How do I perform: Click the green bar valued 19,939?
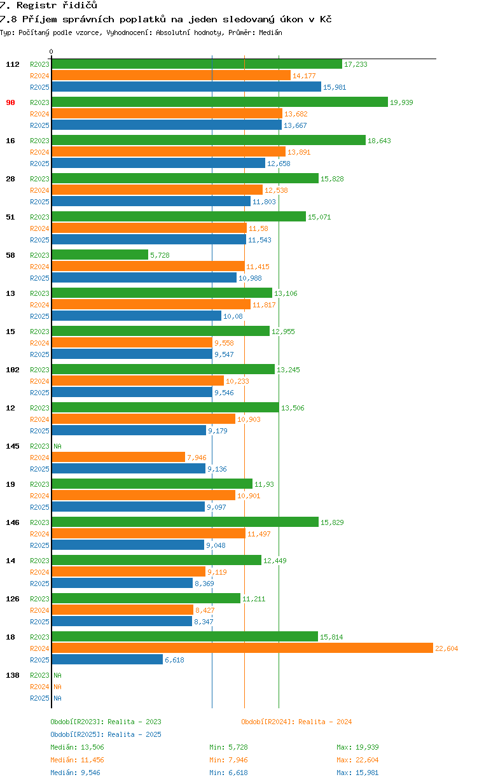coord(219,102)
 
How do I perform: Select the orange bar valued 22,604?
coord(242,648)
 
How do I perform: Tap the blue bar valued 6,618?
coord(107,659)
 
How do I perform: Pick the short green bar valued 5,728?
coord(100,255)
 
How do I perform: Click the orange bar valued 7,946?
coord(118,457)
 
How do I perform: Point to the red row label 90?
coord(10,102)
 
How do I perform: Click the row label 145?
coord(12,446)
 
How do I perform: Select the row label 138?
coord(12,675)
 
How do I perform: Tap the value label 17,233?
coord(356,64)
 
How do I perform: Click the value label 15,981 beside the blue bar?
coord(335,87)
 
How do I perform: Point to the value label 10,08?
coord(233,316)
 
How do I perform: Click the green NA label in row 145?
coord(57,446)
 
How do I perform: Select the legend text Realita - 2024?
coord(324,722)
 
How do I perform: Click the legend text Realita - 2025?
coord(134,734)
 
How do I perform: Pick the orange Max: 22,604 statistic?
coord(357,760)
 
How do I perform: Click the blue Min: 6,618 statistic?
coord(228,773)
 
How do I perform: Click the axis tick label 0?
coord(52,52)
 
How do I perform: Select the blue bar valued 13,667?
coord(167,125)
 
